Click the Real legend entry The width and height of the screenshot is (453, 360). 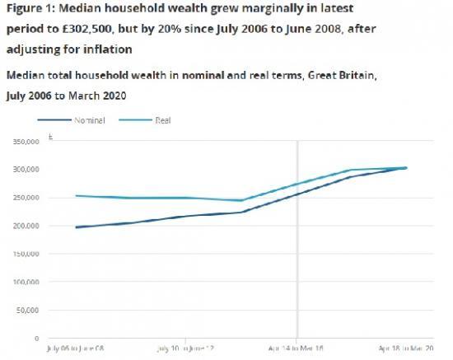tap(162, 120)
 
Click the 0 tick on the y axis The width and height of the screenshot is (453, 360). tap(36, 339)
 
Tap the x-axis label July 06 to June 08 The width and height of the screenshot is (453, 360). tap(76, 350)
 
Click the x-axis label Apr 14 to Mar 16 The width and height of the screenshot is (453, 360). tap(297, 350)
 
